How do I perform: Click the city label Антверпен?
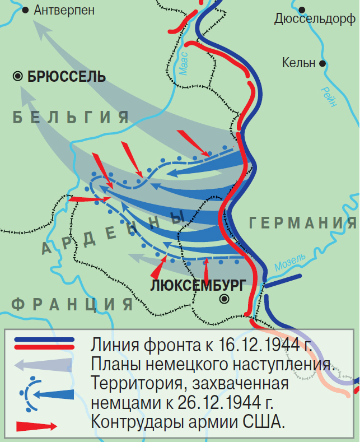click(x=64, y=10)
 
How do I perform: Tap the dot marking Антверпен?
click(x=25, y=10)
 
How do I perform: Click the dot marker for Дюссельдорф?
click(x=302, y=10)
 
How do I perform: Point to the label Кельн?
click(x=298, y=63)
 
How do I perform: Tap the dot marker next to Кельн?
click(x=322, y=63)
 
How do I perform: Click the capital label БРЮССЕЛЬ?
click(x=66, y=77)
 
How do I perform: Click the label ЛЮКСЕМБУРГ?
click(x=198, y=285)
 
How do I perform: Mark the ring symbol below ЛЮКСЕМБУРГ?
click(x=225, y=299)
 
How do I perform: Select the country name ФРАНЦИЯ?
click(x=73, y=304)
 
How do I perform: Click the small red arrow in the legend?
click(x=37, y=426)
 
